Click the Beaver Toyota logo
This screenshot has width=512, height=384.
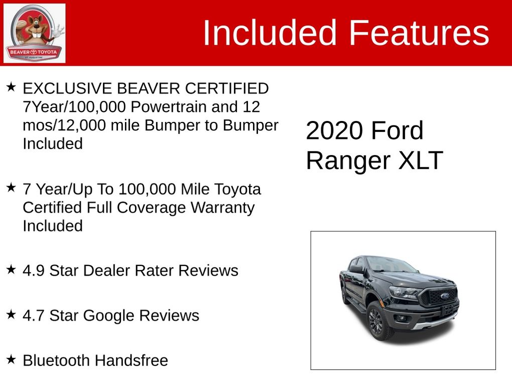34,33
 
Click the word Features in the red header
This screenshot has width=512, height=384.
419,33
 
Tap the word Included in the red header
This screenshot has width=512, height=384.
270,33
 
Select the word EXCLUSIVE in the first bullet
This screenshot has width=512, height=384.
67,88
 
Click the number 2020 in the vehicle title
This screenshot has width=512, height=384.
334,131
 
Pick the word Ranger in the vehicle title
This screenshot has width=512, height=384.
348,161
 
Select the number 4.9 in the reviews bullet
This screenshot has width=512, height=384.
34,271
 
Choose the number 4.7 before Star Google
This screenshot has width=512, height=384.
34,315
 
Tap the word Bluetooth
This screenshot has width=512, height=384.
57,360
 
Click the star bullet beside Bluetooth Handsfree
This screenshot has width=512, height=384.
11,359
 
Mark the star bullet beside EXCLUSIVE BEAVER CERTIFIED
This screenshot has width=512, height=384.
11,87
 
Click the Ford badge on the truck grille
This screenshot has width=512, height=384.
444,296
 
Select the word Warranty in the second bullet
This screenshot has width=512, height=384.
222,208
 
